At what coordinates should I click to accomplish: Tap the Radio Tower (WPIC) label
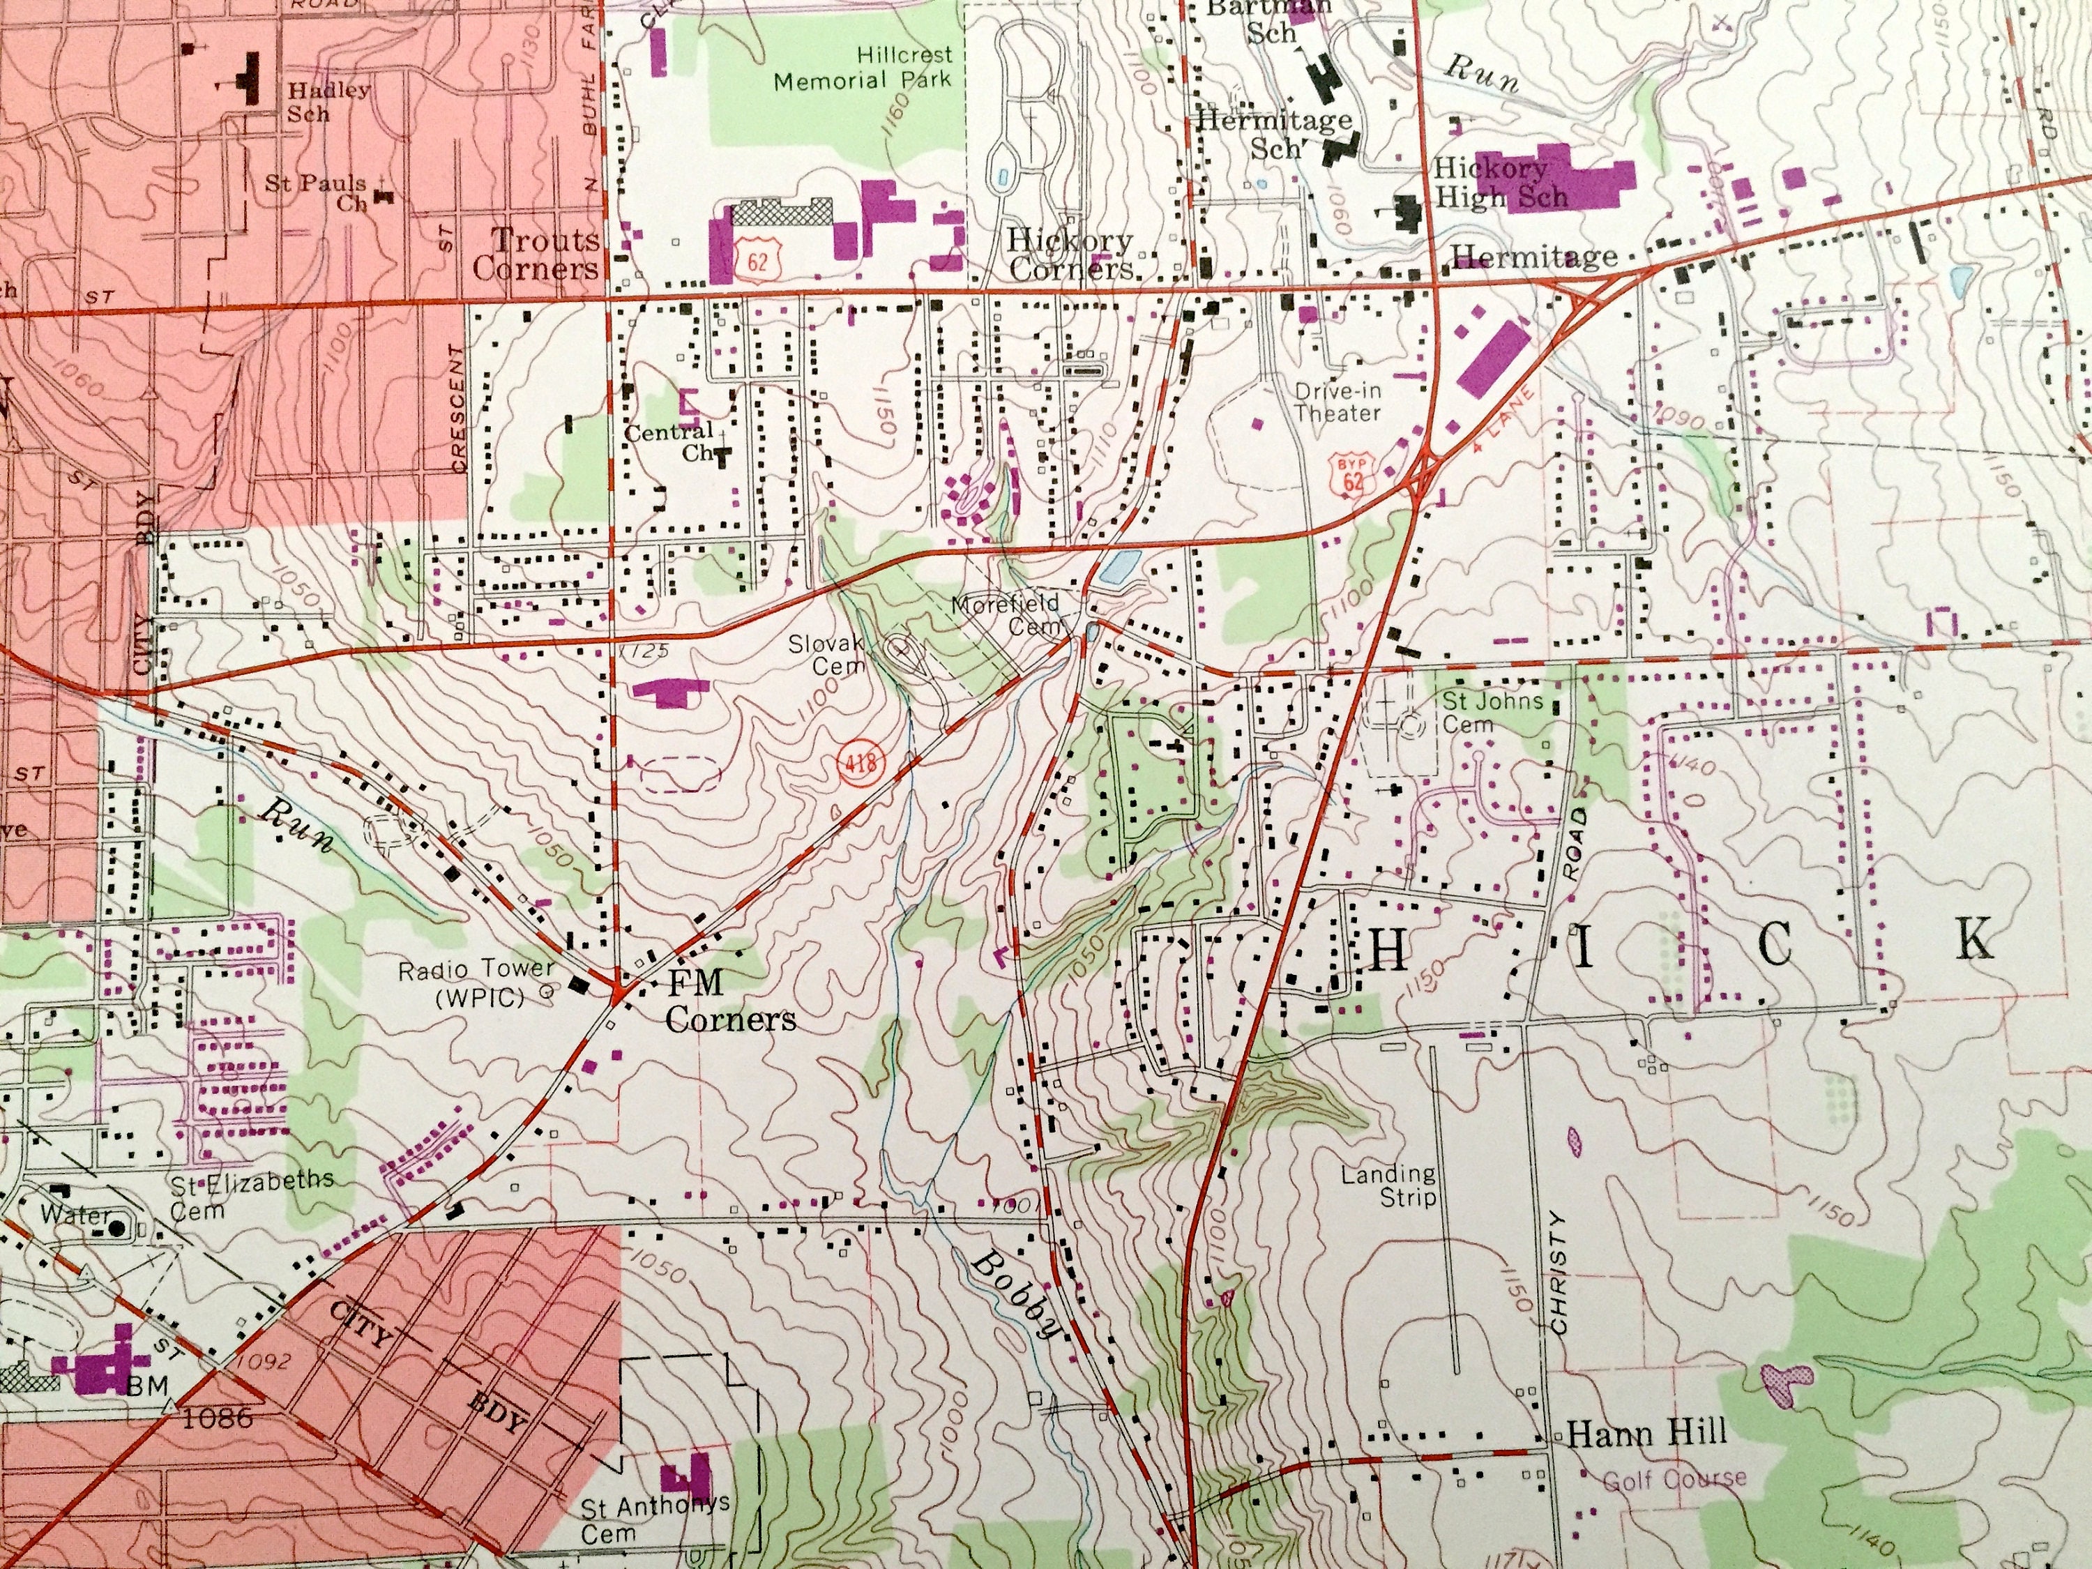(x=475, y=983)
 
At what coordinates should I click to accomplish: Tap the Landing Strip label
(x=1388, y=1185)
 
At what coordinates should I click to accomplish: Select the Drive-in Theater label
(x=1337, y=401)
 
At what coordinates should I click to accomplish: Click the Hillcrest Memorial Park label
(x=862, y=68)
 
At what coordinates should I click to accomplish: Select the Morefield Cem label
(x=1006, y=614)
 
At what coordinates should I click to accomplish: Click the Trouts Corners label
(x=536, y=253)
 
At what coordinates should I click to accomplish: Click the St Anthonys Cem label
(x=655, y=1517)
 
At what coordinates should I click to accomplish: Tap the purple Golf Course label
(x=1674, y=1478)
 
